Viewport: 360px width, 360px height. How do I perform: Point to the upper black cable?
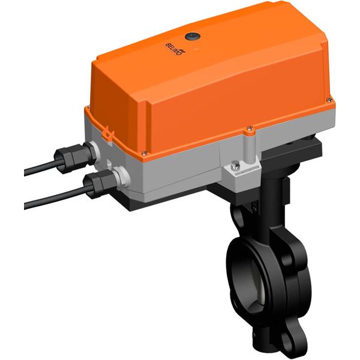tap(39, 170)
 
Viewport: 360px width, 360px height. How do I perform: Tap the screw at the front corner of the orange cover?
tap(248, 127)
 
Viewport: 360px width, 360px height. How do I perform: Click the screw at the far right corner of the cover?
tap(329, 98)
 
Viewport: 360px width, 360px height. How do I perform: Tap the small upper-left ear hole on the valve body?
tap(236, 217)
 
